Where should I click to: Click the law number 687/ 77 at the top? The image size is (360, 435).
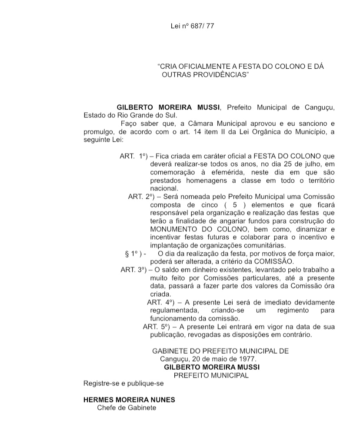(203, 26)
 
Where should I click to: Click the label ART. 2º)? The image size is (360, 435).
(141, 197)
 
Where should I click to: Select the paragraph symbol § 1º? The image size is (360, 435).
(135, 254)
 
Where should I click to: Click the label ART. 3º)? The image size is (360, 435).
(134, 270)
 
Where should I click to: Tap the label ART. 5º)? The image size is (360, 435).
(157, 327)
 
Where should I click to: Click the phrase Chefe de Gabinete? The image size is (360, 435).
(127, 408)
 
